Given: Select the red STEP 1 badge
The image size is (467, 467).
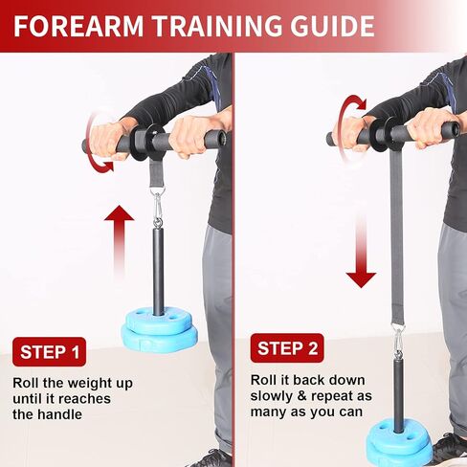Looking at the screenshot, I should (x=51, y=352).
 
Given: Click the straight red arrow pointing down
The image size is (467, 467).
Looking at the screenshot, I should (x=361, y=247).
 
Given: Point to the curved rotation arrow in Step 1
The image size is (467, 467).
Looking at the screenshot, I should (x=98, y=141).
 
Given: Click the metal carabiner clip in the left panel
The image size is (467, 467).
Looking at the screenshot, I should (x=158, y=206).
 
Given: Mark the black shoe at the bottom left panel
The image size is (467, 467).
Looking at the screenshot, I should (x=211, y=458).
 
